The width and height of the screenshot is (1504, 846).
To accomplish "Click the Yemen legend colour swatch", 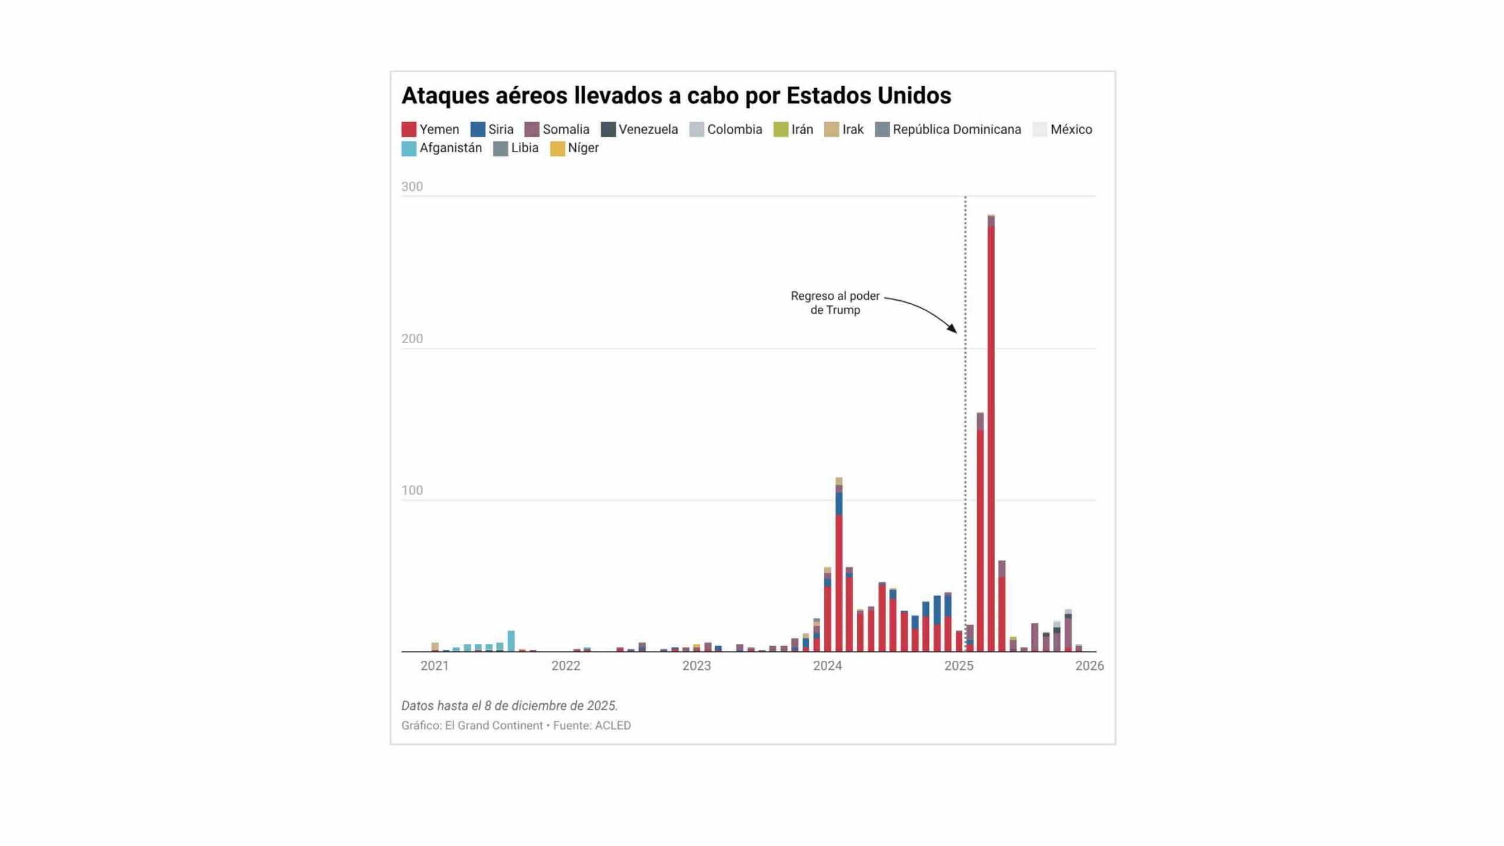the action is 409,129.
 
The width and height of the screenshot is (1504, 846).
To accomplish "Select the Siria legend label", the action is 501,129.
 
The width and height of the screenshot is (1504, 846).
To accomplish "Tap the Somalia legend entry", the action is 557,129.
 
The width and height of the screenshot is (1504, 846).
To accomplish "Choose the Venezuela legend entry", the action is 639,129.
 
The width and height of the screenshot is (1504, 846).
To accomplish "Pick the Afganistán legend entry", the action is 442,148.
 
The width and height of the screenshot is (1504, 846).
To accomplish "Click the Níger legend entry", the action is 575,148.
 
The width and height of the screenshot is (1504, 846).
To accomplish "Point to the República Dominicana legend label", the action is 957,129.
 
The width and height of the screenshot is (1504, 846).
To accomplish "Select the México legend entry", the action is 1063,129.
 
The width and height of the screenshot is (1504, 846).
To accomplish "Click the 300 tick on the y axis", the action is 412,187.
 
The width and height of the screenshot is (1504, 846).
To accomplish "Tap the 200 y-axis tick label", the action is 412,339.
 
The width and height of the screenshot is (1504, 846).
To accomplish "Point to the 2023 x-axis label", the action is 696,666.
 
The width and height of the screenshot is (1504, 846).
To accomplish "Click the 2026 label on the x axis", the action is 1089,666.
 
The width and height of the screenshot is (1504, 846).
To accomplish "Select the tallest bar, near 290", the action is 991,434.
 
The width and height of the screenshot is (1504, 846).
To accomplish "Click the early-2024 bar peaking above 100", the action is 839,565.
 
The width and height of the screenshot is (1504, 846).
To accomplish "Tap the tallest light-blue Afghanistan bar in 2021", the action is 511,642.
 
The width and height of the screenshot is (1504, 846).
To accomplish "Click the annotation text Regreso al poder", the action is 835,296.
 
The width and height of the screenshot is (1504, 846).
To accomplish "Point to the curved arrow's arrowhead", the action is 953,330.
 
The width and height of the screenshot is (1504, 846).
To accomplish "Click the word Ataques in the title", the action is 445,96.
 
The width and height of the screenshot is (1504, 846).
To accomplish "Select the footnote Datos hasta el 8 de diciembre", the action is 509,706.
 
